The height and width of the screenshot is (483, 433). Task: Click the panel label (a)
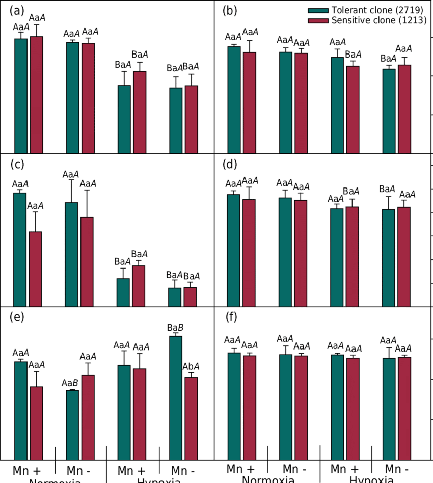[x=18, y=10]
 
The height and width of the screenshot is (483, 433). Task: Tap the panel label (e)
[x=18, y=318]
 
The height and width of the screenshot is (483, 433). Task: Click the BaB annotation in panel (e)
[x=175, y=328]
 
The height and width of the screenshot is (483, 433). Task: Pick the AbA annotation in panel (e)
[x=191, y=366]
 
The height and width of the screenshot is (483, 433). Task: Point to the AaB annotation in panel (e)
[x=70, y=382]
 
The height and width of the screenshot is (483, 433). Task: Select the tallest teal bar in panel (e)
[x=175, y=397]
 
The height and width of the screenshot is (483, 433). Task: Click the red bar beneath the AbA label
[x=191, y=418]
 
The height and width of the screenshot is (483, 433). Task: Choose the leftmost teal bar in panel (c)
[x=20, y=250]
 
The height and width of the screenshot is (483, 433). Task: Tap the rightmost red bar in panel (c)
[x=191, y=298]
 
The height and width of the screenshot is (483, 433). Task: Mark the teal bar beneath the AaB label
[x=73, y=425]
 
